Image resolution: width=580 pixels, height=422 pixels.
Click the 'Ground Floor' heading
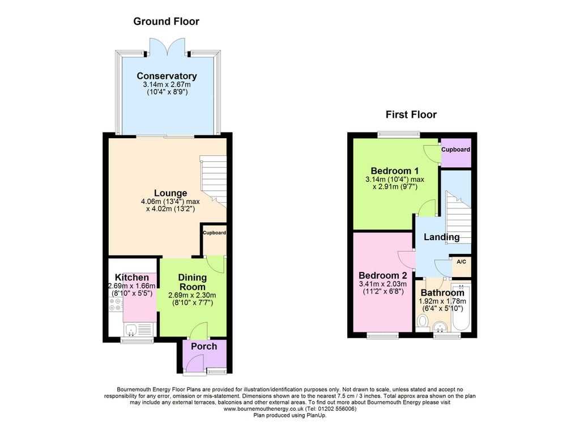tap(166, 22)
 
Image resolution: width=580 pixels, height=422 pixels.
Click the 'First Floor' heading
tap(411, 114)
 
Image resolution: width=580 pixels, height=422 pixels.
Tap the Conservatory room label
tap(167, 76)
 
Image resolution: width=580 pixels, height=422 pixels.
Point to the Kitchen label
tap(132, 278)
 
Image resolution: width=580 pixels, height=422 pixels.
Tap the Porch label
tap(203, 346)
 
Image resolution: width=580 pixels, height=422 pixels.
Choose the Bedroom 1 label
tap(394, 171)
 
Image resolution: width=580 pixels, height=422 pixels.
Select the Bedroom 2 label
tap(383, 275)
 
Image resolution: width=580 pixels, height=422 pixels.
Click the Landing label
tap(441, 237)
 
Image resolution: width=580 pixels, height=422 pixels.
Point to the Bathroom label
tap(442, 292)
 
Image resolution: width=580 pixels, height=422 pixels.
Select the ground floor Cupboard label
tap(215, 233)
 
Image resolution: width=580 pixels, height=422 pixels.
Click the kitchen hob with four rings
tap(114, 305)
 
